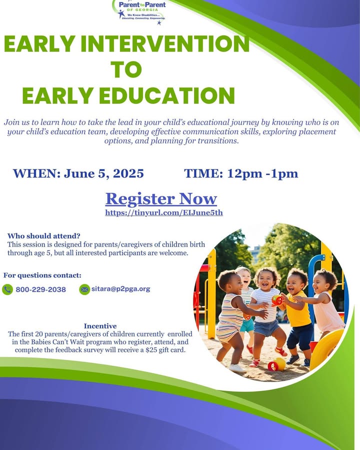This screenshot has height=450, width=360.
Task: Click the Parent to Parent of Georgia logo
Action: click(140, 11)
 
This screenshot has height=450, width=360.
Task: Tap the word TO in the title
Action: click(126, 69)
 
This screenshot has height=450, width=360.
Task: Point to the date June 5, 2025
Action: click(103, 173)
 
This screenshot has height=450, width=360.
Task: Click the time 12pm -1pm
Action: click(262, 173)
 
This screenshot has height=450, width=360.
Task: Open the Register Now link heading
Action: click(161, 198)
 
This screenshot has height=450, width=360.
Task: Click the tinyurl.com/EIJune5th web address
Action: click(164, 212)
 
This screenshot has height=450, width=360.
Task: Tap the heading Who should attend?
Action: click(44, 236)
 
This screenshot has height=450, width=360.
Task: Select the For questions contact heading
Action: click(42, 275)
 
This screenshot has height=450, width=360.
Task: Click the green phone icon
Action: click(7, 289)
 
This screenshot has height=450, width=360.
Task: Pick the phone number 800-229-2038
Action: click(41, 289)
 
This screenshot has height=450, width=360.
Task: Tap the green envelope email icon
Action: click(84, 289)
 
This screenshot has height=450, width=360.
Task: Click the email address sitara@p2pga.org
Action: click(120, 289)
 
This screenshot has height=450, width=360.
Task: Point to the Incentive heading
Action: click(100, 326)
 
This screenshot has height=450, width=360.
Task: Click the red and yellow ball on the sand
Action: click(276, 364)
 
